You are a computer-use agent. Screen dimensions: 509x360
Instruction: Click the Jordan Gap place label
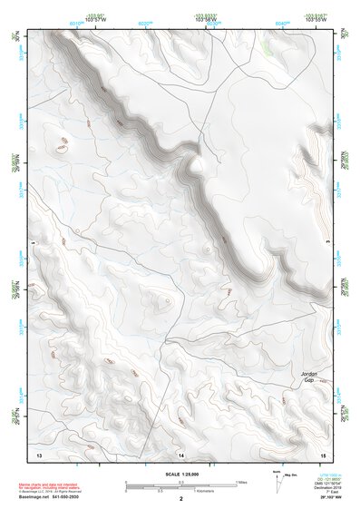pyautogui.click(x=311, y=377)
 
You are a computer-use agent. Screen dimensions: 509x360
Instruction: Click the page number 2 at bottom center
pyautogui.click(x=180, y=498)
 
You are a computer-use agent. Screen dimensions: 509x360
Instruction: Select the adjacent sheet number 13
pyautogui.click(x=38, y=453)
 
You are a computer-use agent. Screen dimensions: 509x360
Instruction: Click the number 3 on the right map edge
pyautogui.click(x=326, y=243)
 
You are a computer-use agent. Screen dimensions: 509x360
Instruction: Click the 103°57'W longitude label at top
pyautogui.click(x=96, y=17)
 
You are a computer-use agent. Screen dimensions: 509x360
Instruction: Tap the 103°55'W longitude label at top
pyautogui.click(x=315, y=17)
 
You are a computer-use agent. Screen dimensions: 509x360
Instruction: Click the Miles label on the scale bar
pyautogui.click(x=242, y=482)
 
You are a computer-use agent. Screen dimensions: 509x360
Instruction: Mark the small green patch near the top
pyautogui.click(x=266, y=43)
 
